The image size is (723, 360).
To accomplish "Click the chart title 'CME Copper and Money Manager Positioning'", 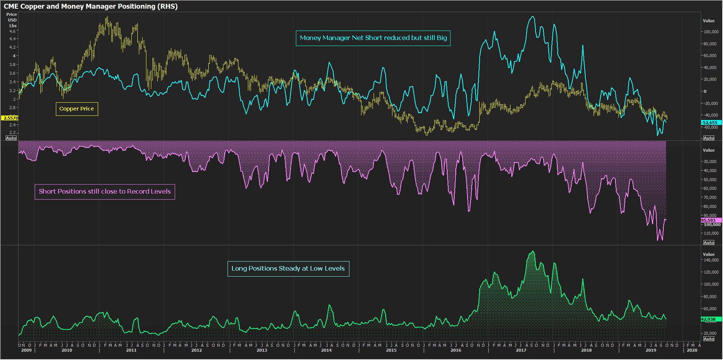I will (x=91, y=6).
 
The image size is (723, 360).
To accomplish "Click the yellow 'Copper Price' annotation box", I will (x=77, y=109).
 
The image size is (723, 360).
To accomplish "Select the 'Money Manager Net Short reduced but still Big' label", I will (x=373, y=38).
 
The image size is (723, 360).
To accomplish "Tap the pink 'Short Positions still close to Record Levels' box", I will (x=105, y=192).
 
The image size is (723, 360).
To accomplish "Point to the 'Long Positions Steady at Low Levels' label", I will (x=288, y=269).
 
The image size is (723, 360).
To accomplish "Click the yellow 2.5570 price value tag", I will (x=10, y=118).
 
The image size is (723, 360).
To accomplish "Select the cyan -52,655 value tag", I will (x=710, y=123).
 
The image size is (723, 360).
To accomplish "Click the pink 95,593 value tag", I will (x=709, y=220).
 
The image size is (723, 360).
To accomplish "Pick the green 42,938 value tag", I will (x=709, y=319).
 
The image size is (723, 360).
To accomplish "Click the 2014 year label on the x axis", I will (x=326, y=351).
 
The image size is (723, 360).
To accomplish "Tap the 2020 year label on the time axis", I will (x=692, y=351).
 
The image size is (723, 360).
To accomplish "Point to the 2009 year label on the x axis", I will (x=26, y=351).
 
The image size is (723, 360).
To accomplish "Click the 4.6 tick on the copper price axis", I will (x=12, y=32).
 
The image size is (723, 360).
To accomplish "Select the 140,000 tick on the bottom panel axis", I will (x=711, y=260).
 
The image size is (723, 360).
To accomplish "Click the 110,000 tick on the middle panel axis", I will (x=711, y=233).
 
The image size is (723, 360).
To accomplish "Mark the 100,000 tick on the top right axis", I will (x=711, y=32).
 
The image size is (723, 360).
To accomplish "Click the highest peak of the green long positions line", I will (x=533, y=251).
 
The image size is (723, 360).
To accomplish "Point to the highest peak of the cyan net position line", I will (x=533, y=17).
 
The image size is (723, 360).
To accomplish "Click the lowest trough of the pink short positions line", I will (x=658, y=240).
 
